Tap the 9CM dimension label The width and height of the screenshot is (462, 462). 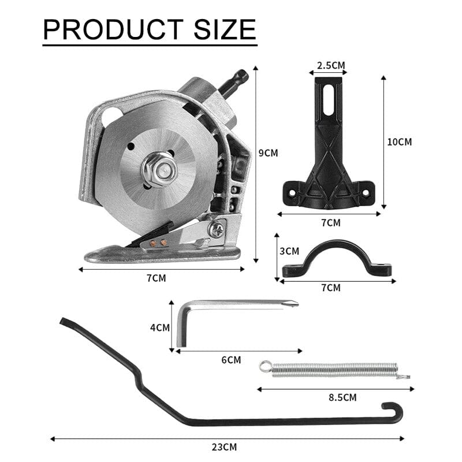(267, 153)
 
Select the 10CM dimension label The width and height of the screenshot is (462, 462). (400, 141)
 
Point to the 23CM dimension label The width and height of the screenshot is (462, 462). (225, 446)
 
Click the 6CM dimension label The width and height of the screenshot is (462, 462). (230, 359)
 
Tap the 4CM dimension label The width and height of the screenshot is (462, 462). (159, 327)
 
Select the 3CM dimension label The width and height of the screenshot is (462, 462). (289, 251)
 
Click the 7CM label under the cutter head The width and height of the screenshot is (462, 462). (157, 278)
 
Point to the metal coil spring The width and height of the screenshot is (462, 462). (335, 369)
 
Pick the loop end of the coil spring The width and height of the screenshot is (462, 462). (264, 365)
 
